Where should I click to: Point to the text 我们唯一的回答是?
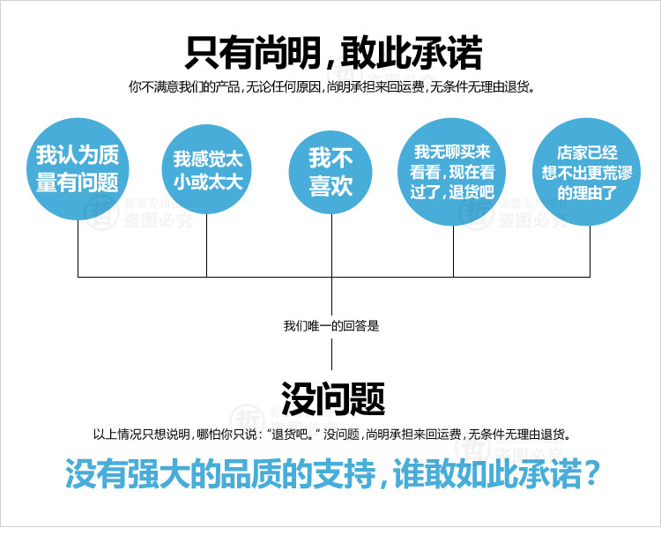pyautogui.click(x=331, y=326)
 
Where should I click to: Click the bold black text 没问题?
pyautogui.click(x=332, y=399)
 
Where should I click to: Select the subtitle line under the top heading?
pyautogui.click(x=331, y=88)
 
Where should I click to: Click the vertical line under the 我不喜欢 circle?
pyautogui.click(x=331, y=247)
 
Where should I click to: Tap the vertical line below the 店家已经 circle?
pyautogui.click(x=590, y=251)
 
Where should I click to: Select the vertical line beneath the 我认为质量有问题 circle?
pyautogui.click(x=78, y=251)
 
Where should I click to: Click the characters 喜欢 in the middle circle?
pyautogui.click(x=331, y=184)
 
